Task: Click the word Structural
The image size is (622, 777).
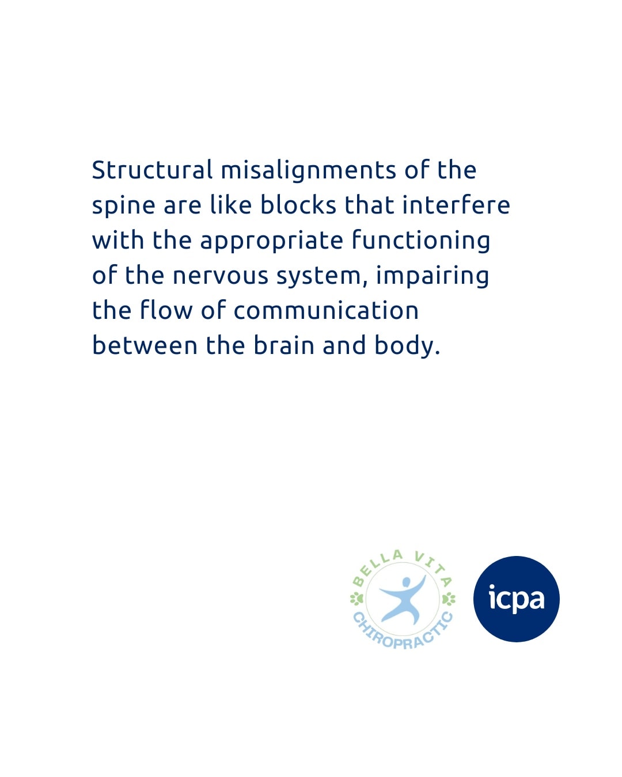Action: [x=152, y=169]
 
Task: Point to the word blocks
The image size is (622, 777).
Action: [x=298, y=204]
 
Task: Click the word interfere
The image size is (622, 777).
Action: [x=456, y=204]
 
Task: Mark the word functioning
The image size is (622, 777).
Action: [x=420, y=240]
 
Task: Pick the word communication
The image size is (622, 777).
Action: [x=326, y=310]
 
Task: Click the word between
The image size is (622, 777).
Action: [x=145, y=345]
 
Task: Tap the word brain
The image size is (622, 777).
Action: [x=284, y=345]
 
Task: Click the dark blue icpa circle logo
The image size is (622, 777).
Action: [x=516, y=599]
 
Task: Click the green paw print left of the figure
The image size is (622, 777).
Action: [x=356, y=599]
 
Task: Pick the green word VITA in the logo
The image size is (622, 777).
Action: [x=433, y=567]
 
